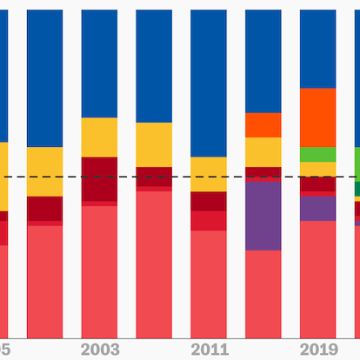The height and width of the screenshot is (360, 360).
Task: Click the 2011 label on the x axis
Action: (x=209, y=350)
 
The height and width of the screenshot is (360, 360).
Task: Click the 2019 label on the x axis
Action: (x=318, y=350)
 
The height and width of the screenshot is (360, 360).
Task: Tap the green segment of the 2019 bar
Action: (x=318, y=154)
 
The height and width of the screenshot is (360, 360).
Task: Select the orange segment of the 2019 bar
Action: (x=318, y=117)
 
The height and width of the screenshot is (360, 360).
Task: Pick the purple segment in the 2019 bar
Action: (x=318, y=208)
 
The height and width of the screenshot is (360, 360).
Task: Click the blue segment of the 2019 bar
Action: (x=318, y=48)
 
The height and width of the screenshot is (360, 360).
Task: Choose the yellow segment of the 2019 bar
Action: (x=318, y=169)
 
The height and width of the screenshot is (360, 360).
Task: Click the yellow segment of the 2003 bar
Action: (x=99, y=137)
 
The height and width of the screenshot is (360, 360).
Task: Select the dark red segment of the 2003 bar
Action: (x=99, y=179)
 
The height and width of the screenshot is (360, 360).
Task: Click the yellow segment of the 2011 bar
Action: (x=209, y=174)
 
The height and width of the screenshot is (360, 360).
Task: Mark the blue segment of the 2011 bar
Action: (x=209, y=83)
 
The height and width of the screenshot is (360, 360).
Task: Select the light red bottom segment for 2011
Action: (x=209, y=283)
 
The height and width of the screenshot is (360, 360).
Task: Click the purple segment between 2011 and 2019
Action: (x=263, y=216)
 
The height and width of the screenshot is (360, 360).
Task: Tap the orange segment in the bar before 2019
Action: (x=263, y=125)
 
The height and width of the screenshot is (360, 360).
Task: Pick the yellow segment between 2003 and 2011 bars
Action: (x=154, y=144)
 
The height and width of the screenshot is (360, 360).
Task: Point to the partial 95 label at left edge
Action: (x=4, y=350)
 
